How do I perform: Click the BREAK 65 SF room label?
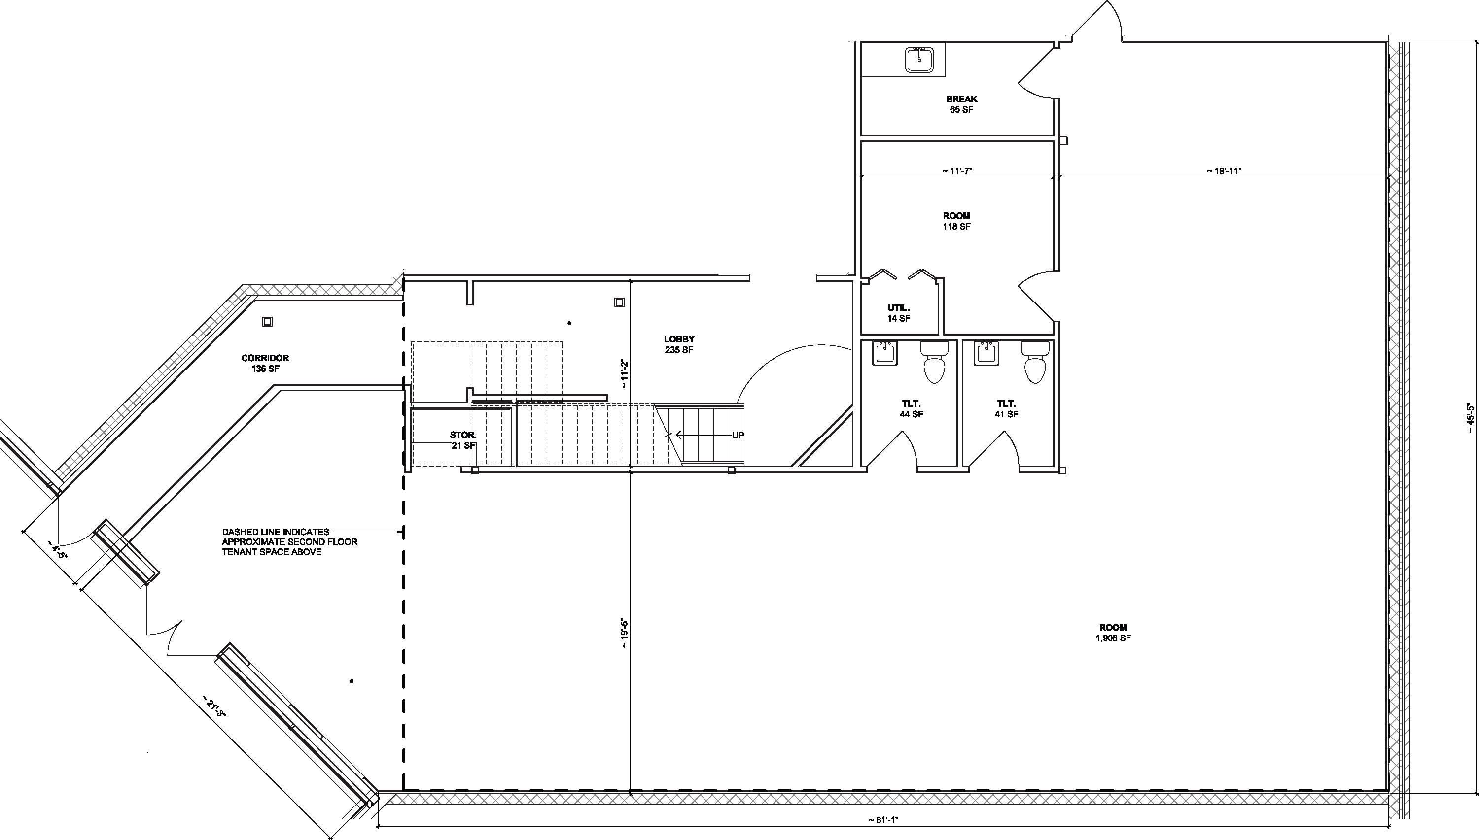coord(961,104)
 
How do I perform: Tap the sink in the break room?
coord(919,60)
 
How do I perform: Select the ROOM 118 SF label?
coord(956,221)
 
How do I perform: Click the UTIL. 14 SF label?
coord(899,313)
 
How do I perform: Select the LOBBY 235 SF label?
coord(679,344)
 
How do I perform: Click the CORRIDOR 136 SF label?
coord(265,364)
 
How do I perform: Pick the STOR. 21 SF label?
coord(463,440)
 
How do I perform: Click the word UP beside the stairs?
coord(738,435)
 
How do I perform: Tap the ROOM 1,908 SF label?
coord(1112,632)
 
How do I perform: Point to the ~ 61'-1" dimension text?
coord(883,820)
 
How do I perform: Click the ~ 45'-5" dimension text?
coord(1470,418)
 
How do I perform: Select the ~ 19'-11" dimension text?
coord(1224,171)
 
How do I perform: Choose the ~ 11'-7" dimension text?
coord(957,171)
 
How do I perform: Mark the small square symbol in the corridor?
coord(267,322)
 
